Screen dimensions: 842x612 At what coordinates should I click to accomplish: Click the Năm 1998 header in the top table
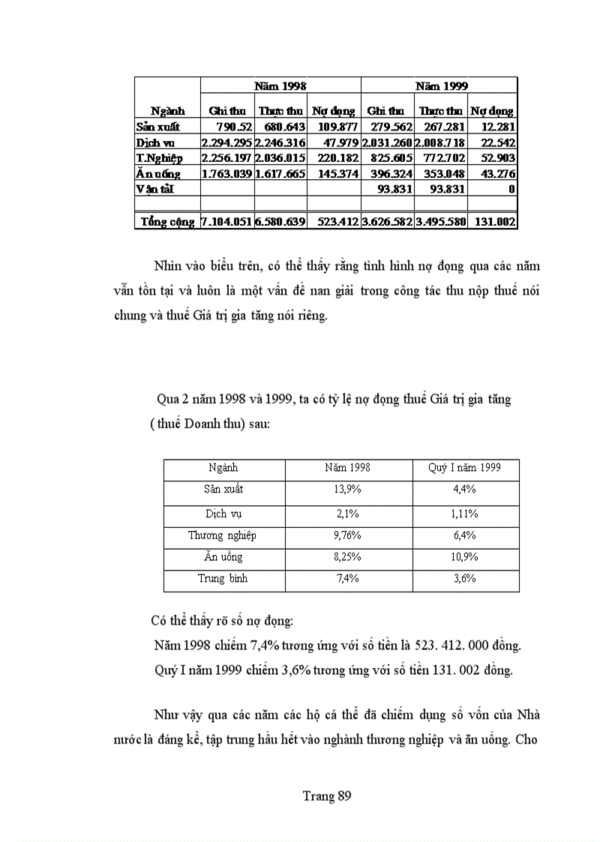pos(280,86)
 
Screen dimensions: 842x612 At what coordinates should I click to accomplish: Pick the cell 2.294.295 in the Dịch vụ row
pos(226,142)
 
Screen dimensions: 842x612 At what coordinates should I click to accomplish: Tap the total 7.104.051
pos(226,222)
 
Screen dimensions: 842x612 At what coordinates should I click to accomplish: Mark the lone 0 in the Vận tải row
pos(511,190)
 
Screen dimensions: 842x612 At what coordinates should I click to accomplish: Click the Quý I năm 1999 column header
pos(464,468)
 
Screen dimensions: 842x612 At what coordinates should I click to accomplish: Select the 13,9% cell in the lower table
pos(347,489)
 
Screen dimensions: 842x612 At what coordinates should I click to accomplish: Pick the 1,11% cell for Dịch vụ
pos(464,514)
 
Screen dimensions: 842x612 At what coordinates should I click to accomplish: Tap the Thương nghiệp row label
pos(222,535)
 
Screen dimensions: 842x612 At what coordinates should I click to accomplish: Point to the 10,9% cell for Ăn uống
pos(464,557)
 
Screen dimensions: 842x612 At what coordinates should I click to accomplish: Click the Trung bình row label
pos(222,579)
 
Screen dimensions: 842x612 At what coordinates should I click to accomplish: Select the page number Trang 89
pos(327,796)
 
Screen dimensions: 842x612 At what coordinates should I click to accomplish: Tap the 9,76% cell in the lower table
pos(347,535)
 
